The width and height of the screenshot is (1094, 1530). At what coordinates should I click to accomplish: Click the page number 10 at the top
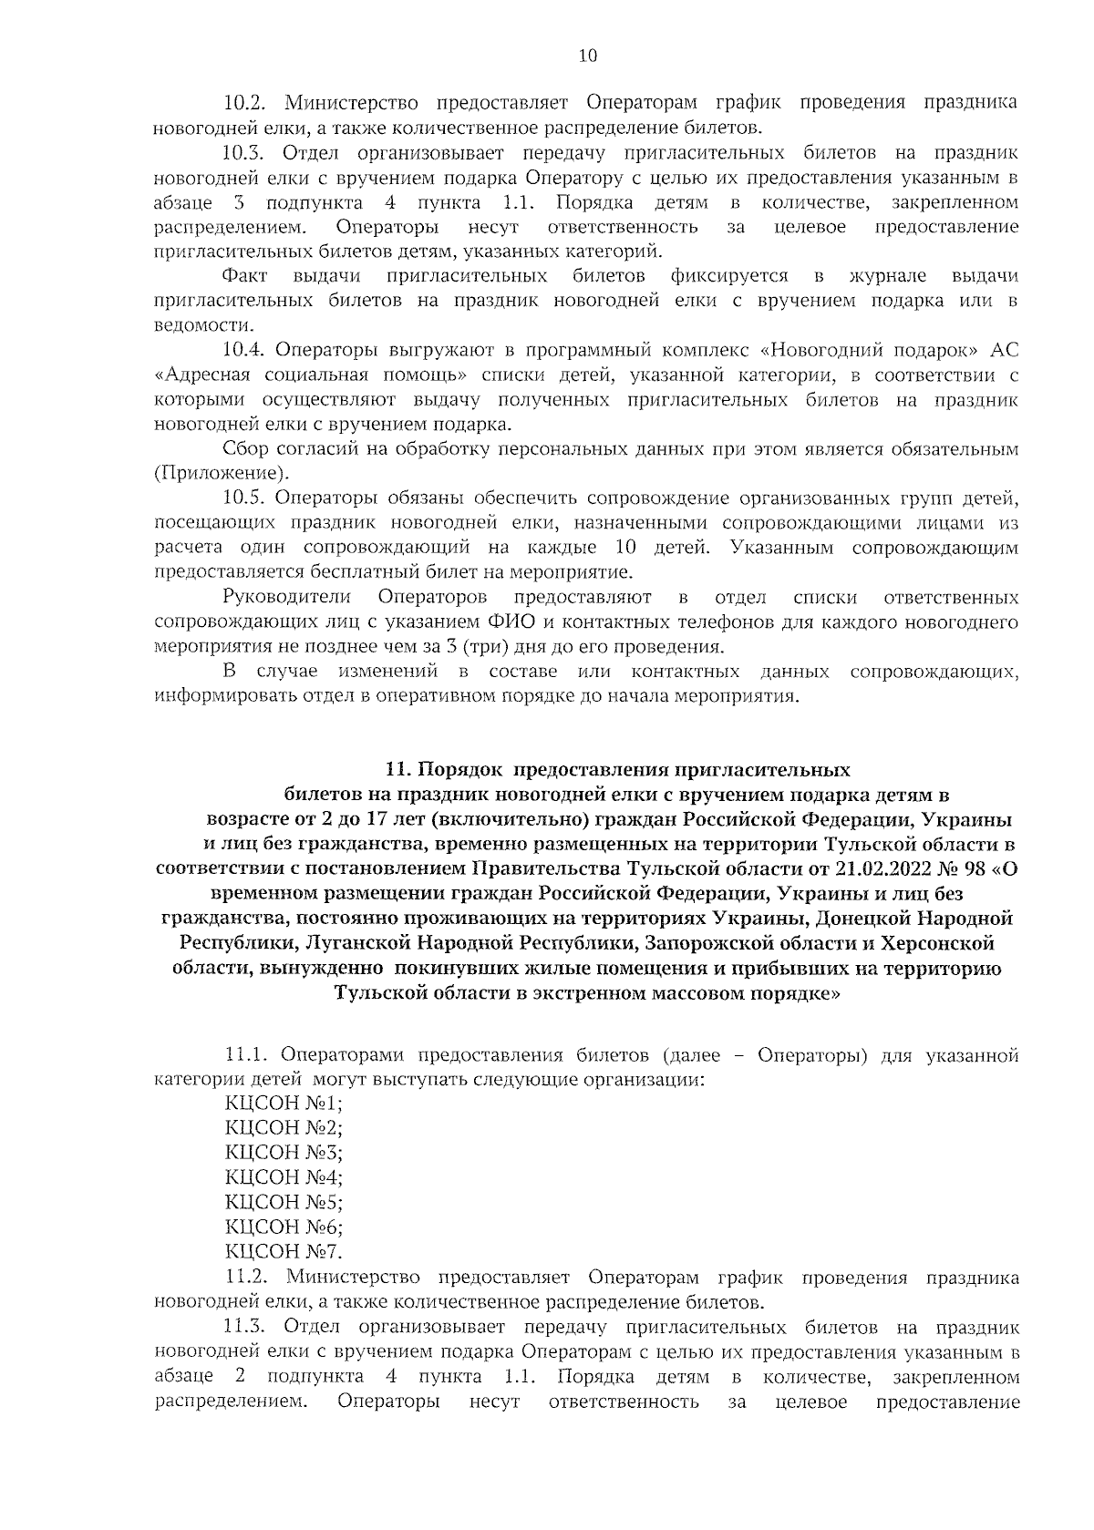[x=587, y=56]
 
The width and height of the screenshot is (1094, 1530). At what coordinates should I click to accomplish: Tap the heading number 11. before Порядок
[x=398, y=768]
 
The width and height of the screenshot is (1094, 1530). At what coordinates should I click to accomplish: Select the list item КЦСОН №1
[x=284, y=1104]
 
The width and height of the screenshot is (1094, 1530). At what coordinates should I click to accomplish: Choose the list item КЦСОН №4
[x=284, y=1178]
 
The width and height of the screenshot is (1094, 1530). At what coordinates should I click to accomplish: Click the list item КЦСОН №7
[x=284, y=1252]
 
